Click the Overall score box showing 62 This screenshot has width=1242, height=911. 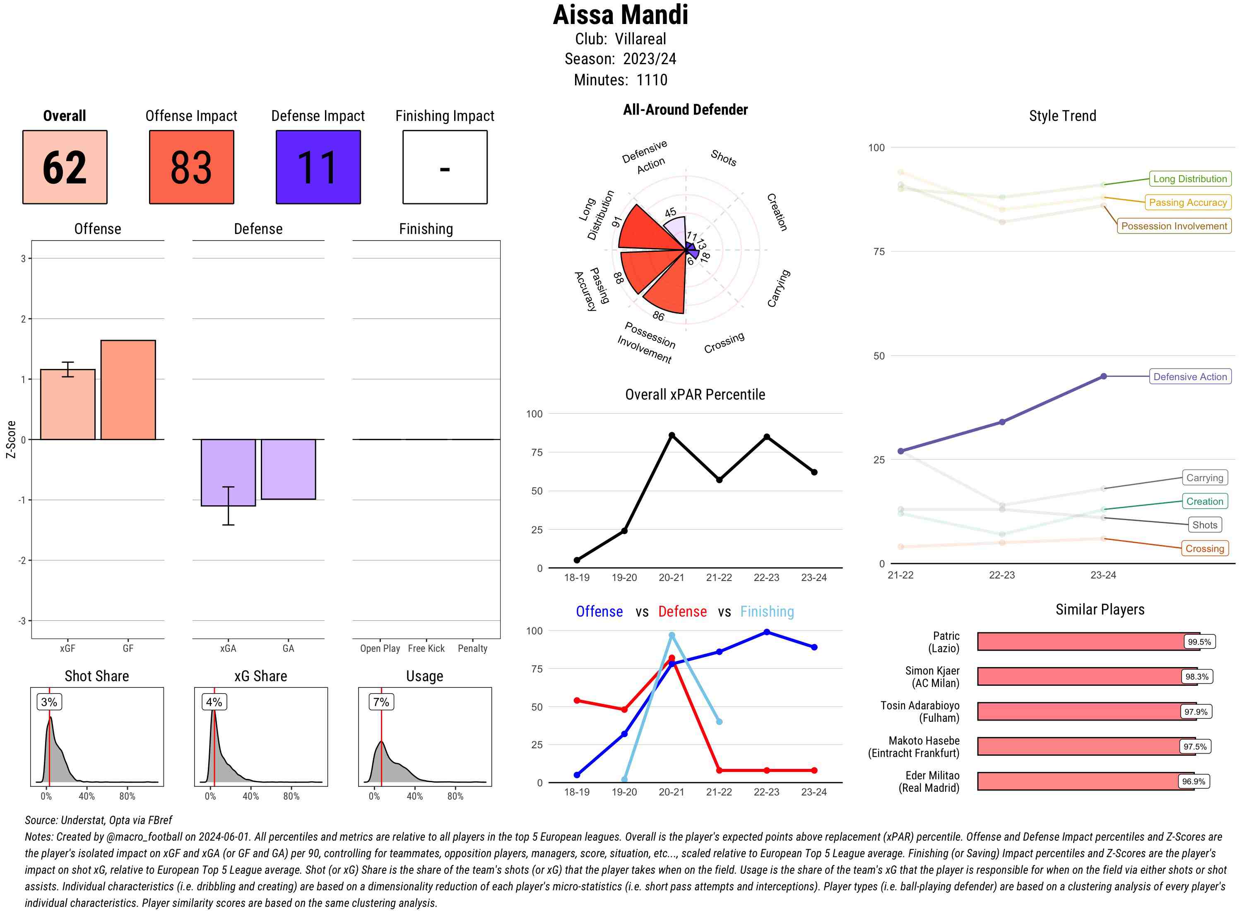tap(65, 167)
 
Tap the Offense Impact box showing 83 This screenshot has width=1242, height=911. tap(191, 167)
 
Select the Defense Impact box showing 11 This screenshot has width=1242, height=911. tap(318, 167)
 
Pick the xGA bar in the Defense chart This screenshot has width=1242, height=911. tap(228, 472)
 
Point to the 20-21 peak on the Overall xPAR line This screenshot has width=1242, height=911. tap(672, 435)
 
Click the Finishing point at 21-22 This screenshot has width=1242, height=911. tap(719, 721)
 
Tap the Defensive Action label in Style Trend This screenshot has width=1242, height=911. tap(1190, 377)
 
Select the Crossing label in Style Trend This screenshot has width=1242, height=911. tap(1204, 548)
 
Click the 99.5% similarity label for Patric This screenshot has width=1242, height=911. tap(1199, 642)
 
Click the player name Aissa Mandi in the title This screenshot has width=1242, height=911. tap(620, 15)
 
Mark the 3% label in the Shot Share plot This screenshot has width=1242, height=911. tap(49, 702)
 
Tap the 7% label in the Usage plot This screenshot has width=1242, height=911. tap(381, 702)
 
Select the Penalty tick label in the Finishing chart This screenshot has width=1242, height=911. tap(472, 648)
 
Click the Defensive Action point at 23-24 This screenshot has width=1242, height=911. tap(1103, 377)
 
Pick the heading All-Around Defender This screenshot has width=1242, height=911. tap(685, 110)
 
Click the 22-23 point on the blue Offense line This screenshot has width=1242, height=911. tap(766, 632)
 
